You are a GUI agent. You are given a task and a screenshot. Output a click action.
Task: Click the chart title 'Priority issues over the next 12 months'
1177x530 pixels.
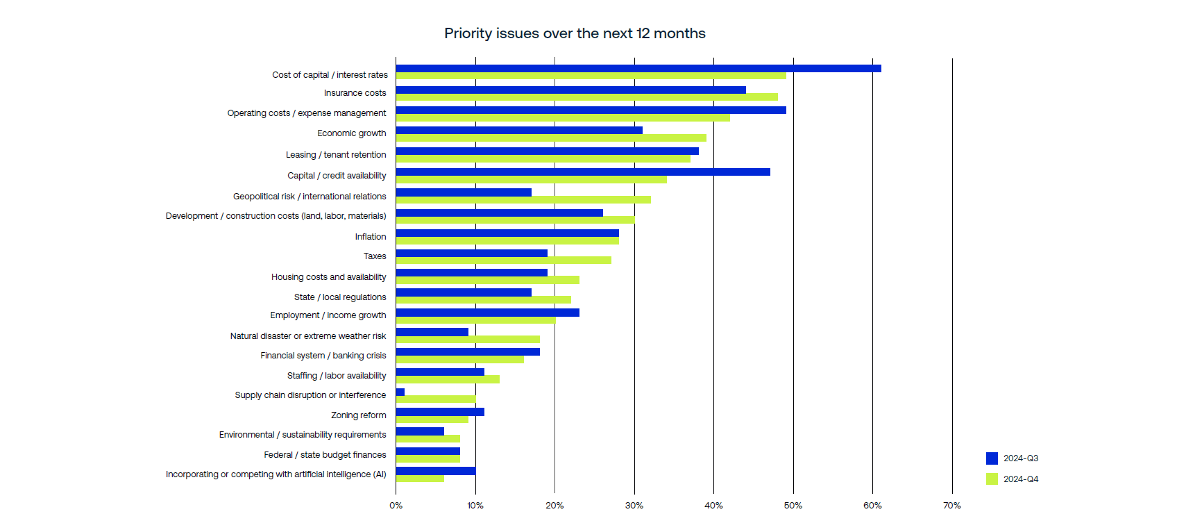click(575, 33)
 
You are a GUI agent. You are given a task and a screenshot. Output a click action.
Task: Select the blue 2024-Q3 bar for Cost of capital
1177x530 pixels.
click(638, 68)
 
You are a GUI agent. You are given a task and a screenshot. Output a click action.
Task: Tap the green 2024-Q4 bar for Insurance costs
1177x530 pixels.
click(586, 97)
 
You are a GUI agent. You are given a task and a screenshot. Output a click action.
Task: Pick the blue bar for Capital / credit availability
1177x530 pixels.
click(583, 172)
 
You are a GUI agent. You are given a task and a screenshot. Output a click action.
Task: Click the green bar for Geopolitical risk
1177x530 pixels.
click(523, 200)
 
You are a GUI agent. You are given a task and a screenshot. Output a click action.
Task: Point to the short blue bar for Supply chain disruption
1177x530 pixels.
click(400, 392)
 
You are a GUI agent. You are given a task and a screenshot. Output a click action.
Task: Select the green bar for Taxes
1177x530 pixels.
click(503, 260)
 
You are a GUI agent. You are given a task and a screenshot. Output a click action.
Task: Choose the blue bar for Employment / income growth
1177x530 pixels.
click(487, 313)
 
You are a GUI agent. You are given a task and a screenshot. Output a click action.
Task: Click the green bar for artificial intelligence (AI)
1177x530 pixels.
click(420, 479)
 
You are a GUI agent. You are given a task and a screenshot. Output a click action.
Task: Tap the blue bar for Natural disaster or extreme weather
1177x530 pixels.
click(432, 332)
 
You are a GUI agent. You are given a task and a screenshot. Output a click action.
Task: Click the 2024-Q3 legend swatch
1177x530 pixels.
click(992, 458)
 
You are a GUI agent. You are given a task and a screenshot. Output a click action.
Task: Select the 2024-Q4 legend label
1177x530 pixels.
click(1021, 479)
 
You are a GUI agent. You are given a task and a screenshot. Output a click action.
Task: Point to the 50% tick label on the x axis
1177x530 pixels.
click(793, 506)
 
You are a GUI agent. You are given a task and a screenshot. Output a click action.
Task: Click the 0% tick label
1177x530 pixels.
click(396, 506)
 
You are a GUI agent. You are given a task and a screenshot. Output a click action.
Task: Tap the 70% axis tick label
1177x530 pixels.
click(951, 506)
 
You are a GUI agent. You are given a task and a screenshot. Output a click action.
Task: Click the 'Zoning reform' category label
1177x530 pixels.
click(358, 415)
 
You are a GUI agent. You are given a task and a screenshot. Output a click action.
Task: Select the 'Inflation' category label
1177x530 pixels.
click(371, 237)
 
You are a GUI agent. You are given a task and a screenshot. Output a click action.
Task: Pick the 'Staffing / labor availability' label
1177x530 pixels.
click(337, 376)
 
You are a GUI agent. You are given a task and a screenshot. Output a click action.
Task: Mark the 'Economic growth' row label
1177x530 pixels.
click(351, 133)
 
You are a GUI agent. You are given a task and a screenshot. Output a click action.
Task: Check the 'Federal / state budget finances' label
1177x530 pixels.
click(325, 455)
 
